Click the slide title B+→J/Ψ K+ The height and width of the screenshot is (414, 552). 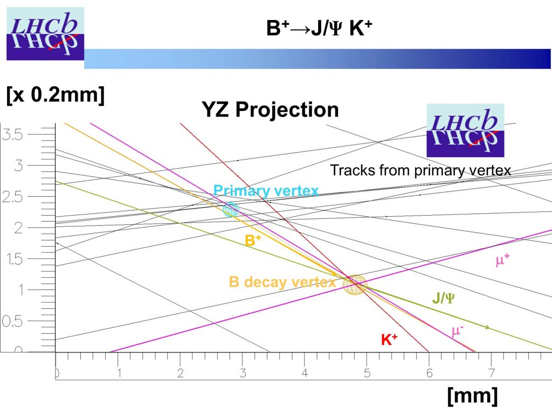click(319, 28)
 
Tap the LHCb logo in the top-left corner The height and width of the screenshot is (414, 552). click(45, 33)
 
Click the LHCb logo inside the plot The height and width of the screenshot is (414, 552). click(465, 130)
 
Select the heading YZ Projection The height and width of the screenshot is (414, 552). click(270, 109)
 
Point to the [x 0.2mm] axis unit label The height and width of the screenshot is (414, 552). click(56, 94)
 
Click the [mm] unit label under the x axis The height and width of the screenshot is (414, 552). click(472, 395)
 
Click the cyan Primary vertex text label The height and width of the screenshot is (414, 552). click(266, 190)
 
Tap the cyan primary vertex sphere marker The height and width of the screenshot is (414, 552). click(231, 210)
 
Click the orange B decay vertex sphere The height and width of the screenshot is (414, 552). click(355, 285)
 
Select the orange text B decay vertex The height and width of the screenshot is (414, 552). click(282, 282)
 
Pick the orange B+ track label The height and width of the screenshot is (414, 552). click(253, 240)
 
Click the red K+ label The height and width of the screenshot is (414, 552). click(389, 340)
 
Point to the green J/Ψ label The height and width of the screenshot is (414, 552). click(443, 298)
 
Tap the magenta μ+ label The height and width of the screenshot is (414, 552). click(502, 260)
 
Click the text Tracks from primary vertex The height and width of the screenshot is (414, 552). click(420, 170)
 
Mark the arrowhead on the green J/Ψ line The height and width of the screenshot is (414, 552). click(487, 327)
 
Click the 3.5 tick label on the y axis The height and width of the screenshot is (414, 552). click(12, 134)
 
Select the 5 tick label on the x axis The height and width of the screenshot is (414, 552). click(367, 373)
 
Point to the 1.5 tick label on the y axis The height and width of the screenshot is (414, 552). click(15, 259)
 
